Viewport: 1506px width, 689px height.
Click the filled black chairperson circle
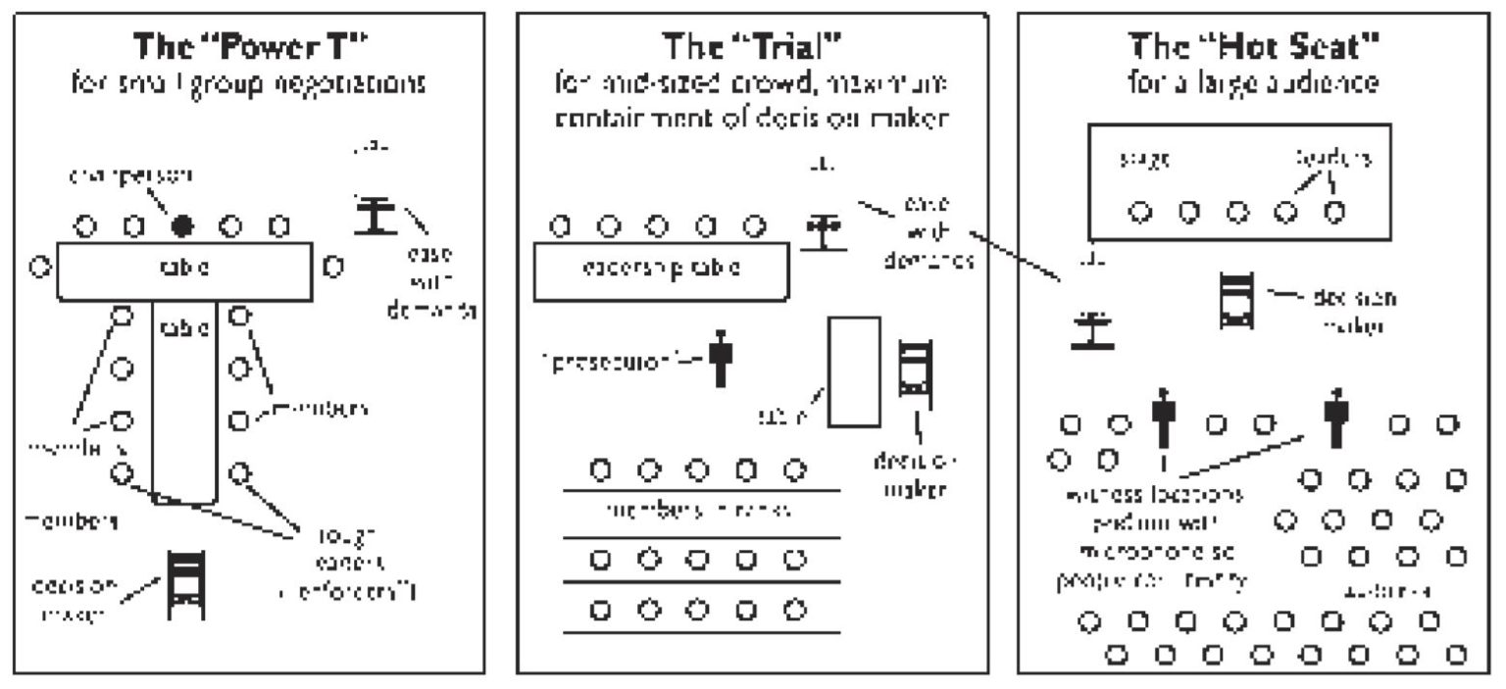[181, 226]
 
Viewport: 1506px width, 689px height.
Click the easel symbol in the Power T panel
[374, 215]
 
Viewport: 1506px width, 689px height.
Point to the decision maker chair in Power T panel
[184, 584]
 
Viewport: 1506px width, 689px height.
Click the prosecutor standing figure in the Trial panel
[722, 358]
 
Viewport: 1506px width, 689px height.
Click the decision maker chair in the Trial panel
[915, 369]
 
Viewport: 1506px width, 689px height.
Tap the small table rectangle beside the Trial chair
[854, 371]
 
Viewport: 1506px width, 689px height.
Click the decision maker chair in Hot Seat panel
[1234, 301]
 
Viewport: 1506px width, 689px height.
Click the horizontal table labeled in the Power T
[185, 270]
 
